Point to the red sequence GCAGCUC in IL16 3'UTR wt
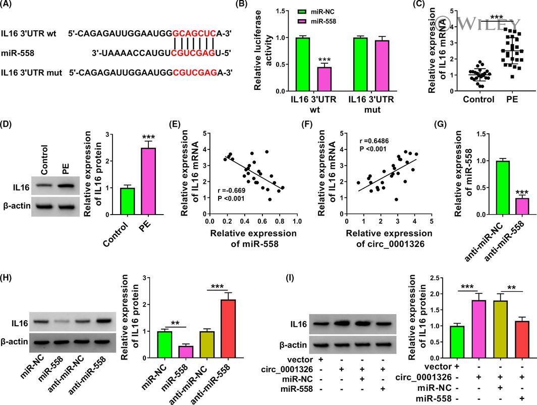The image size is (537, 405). click(194, 34)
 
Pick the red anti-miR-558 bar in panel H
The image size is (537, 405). click(217, 329)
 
